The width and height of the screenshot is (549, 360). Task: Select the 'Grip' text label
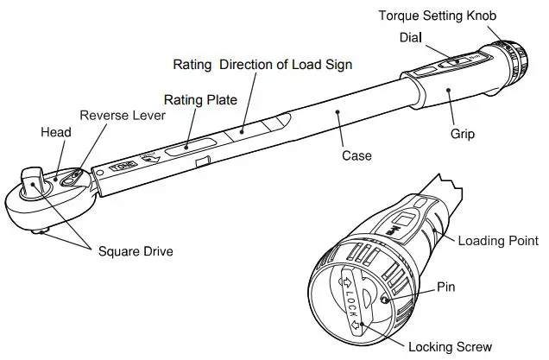463,135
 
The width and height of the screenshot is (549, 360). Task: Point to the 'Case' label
357,155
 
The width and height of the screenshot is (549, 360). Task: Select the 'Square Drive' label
135,251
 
